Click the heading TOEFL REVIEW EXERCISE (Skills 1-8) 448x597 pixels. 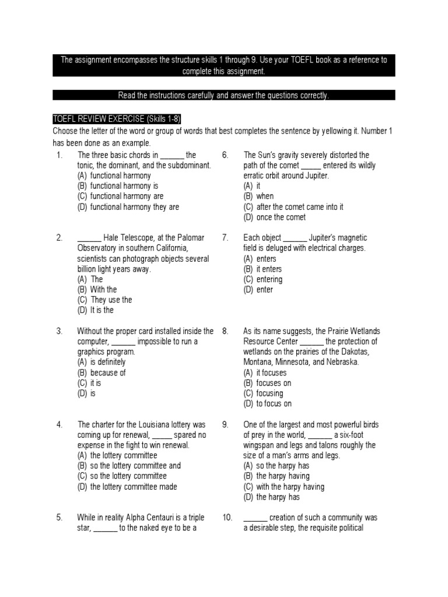(117, 120)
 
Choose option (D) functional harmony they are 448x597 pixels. (128, 207)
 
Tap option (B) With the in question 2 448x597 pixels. (97, 290)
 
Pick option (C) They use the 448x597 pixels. (104, 300)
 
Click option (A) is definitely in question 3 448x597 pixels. (101, 362)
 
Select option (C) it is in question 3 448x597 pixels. (89, 383)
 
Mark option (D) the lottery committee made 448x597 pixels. (127, 487)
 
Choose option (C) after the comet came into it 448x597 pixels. (293, 207)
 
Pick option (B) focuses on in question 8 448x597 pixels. (267, 383)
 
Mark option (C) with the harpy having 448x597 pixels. (283, 487)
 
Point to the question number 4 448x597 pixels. (60, 424)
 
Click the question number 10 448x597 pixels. (228, 518)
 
